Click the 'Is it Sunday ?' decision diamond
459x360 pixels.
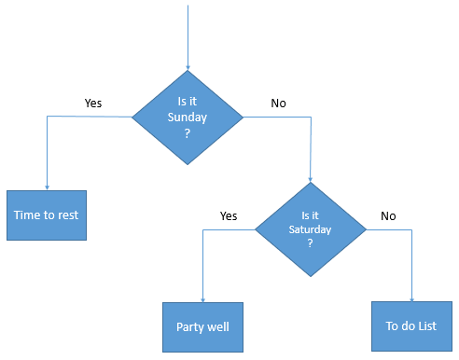tap(188, 118)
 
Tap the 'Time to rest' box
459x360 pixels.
tap(46, 215)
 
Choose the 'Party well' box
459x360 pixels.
tap(202, 326)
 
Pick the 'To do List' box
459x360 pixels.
tap(411, 326)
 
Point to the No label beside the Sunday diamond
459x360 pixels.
tap(278, 104)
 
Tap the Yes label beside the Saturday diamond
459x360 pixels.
tap(229, 215)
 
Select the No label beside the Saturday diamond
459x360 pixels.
tap(388, 215)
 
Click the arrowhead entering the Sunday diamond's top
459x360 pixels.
tap(188, 68)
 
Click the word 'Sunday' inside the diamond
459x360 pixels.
tap(188, 118)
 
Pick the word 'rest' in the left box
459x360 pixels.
tap(68, 215)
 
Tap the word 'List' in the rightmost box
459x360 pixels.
tap(426, 326)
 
